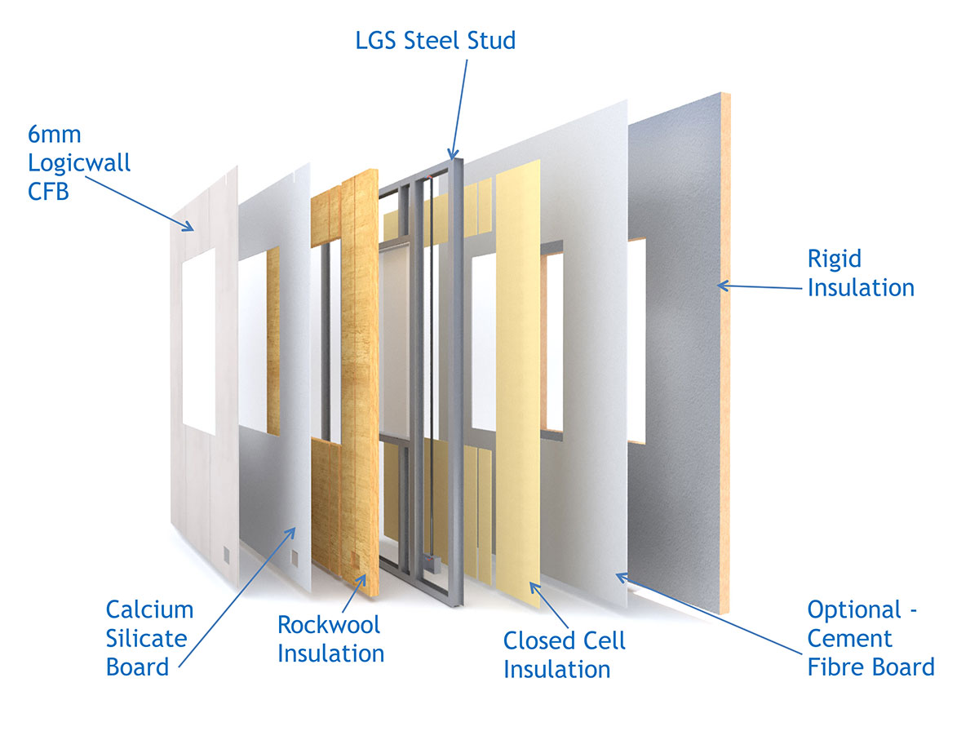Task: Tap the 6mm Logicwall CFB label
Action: pos(79,162)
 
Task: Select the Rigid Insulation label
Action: pos(860,272)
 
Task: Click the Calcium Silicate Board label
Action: pos(149,637)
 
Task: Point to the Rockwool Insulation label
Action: pos(330,639)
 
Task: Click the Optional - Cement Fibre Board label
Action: pos(870,638)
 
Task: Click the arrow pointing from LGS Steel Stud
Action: pos(458,106)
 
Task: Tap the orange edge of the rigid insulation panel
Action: pos(725,367)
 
